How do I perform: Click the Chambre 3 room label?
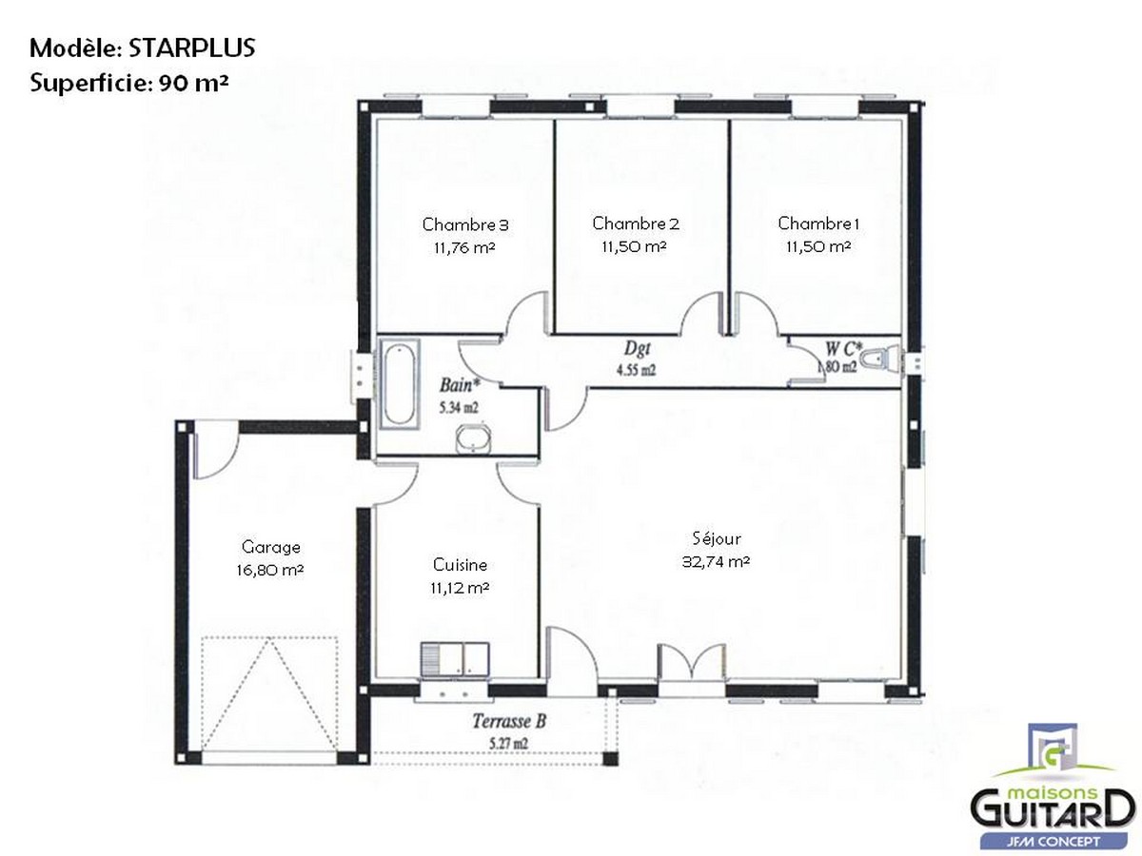tap(465, 225)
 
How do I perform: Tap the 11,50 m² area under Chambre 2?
tap(634, 245)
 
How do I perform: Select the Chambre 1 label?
tap(818, 224)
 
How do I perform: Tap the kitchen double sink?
tap(454, 658)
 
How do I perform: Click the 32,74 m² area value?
tap(717, 561)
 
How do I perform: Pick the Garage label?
tap(271, 547)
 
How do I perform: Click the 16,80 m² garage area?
tap(271, 569)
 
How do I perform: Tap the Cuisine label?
tap(460, 565)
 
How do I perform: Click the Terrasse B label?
tap(509, 722)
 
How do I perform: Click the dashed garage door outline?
tap(270, 692)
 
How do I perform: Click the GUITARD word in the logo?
tap(1052, 810)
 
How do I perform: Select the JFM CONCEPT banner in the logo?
tap(1053, 841)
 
